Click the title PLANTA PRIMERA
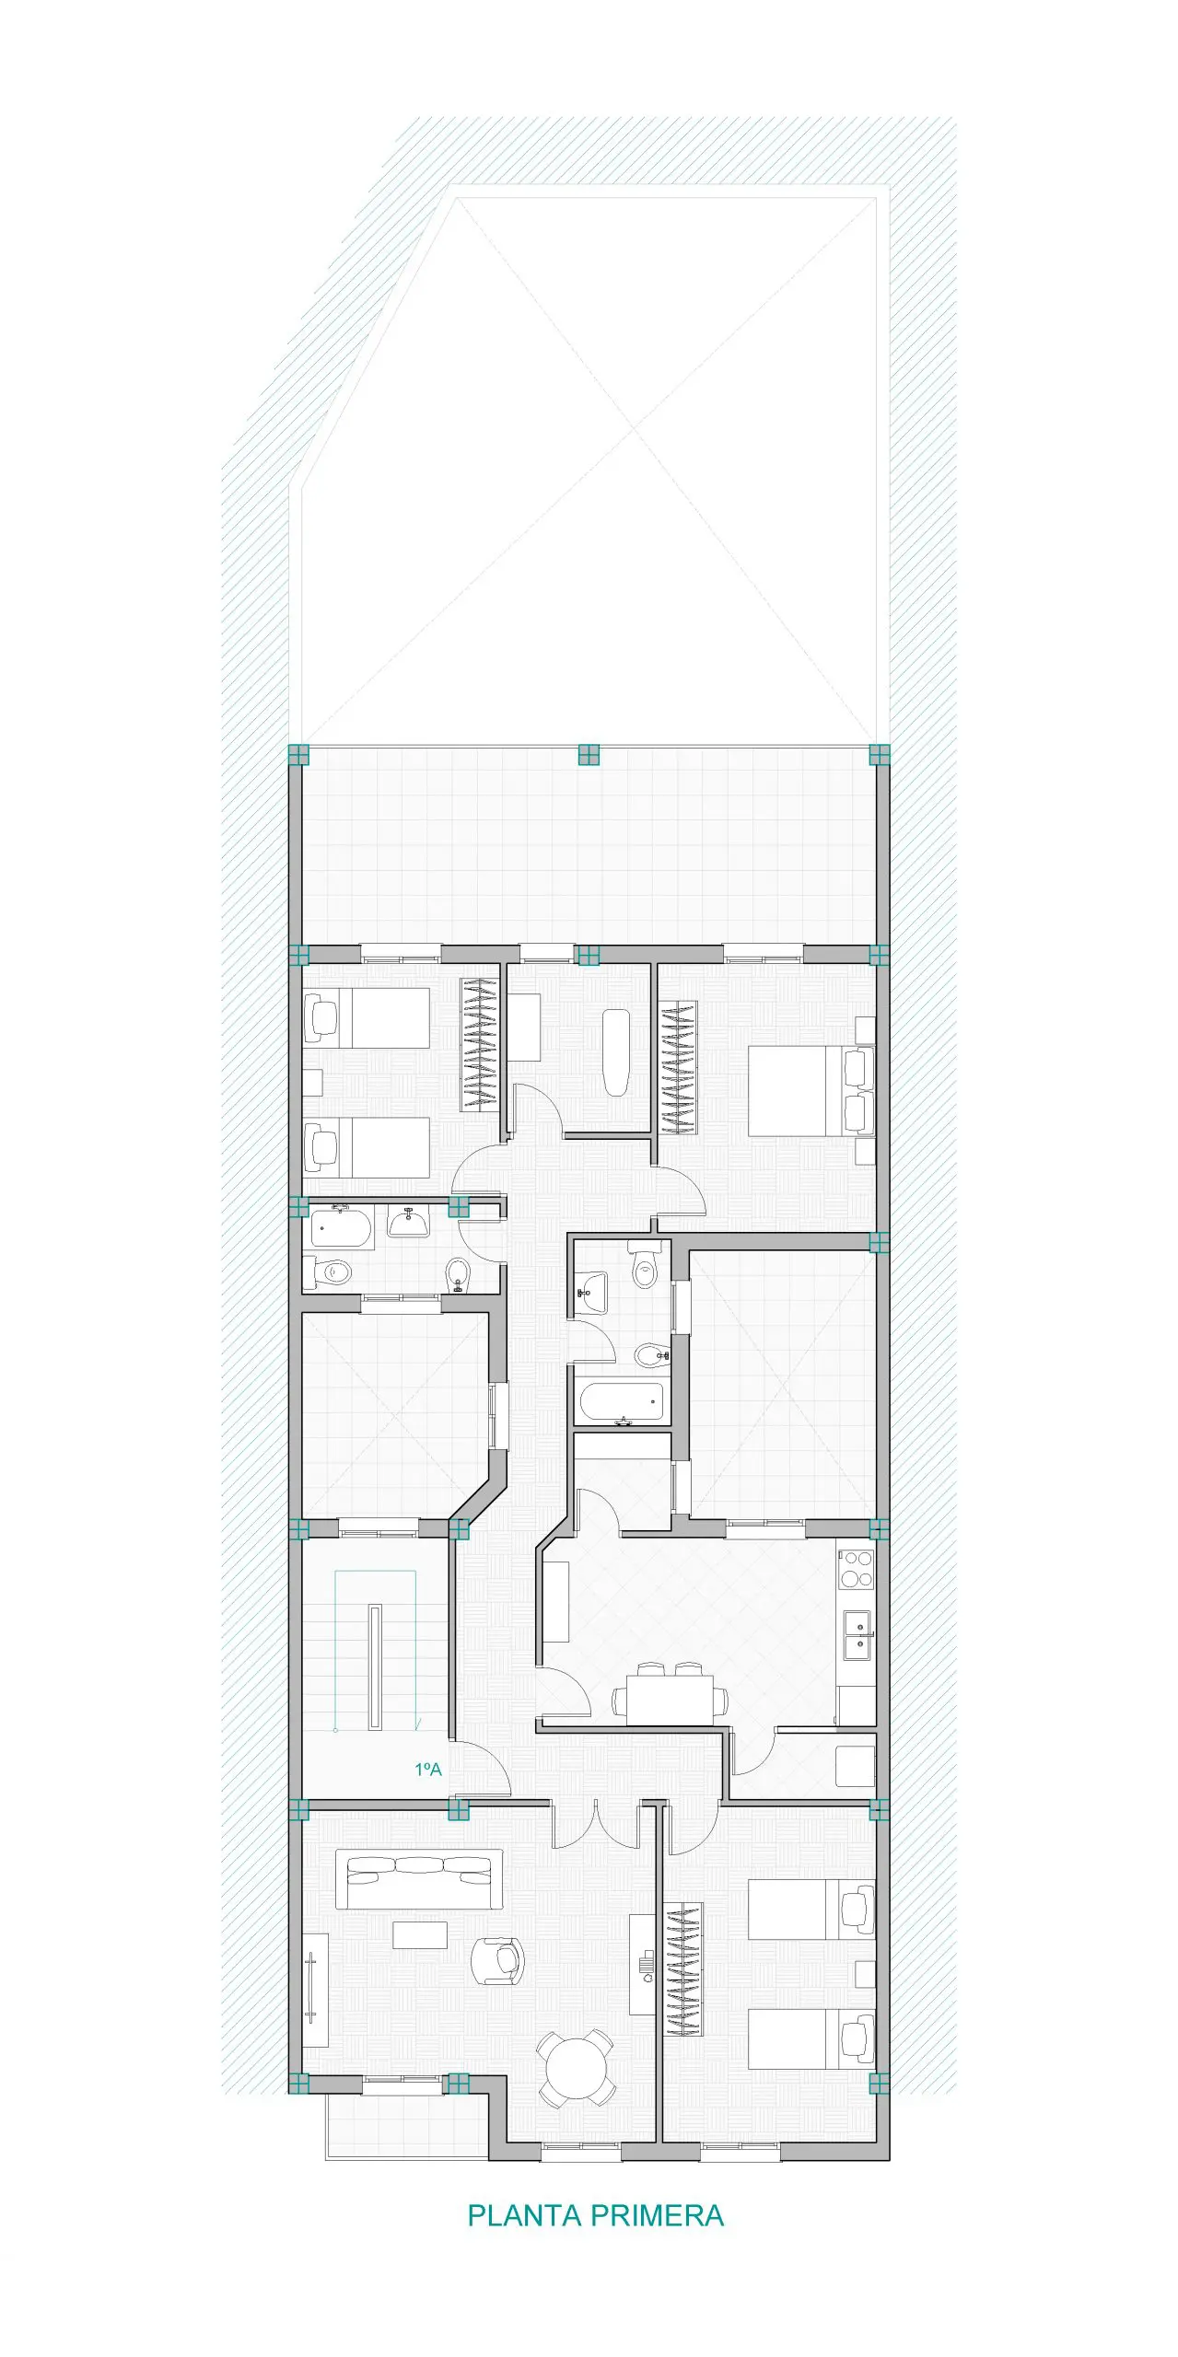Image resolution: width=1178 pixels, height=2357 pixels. click(595, 2214)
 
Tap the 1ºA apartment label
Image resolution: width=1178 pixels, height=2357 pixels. click(428, 1769)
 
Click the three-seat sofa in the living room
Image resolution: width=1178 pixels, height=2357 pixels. click(420, 1879)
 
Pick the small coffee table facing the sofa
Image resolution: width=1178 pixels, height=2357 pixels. click(420, 1934)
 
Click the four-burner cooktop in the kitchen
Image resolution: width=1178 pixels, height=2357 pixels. click(857, 1570)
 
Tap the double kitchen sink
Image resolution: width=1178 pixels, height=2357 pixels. click(858, 1635)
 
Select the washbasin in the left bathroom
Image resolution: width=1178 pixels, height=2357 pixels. click(407, 1221)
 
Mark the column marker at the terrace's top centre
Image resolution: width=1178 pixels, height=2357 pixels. click(589, 755)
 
